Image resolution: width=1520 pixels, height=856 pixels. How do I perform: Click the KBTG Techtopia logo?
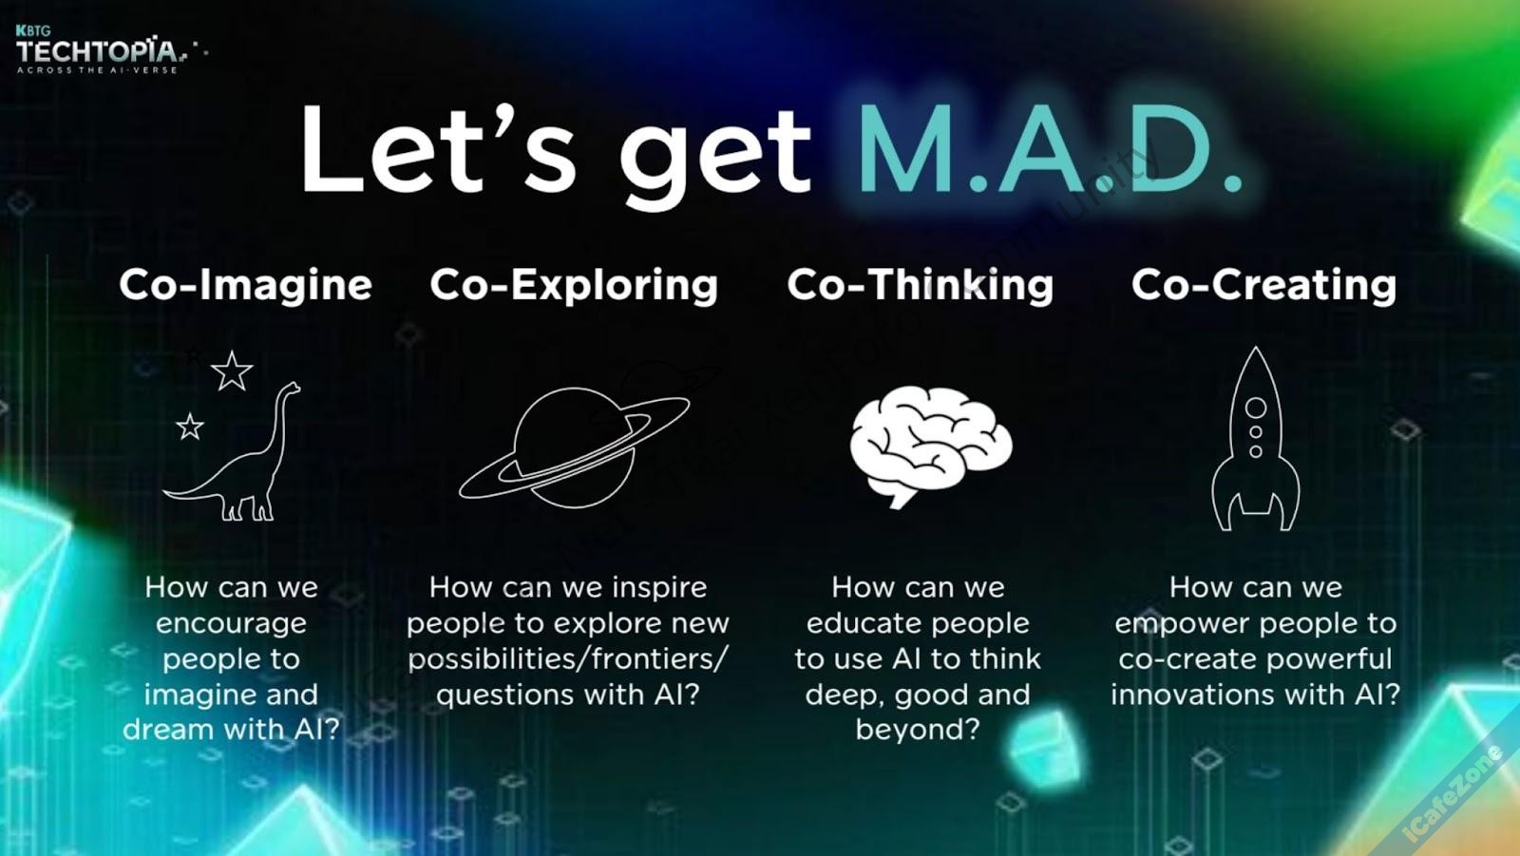pos(108,49)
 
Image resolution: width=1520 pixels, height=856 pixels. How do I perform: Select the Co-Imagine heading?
pos(246,284)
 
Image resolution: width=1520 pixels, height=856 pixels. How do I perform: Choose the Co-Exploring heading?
pos(574,285)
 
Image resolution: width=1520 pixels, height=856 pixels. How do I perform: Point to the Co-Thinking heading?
pos(921,285)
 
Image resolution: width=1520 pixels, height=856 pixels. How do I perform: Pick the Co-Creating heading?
pos(1263,285)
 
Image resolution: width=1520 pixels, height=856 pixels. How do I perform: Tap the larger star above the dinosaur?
pos(232,371)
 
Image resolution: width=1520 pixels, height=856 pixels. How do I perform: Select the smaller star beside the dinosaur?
pos(190,427)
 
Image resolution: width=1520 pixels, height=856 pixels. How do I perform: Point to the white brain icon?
pos(931,446)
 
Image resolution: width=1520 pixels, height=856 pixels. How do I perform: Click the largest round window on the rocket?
pos(1255,408)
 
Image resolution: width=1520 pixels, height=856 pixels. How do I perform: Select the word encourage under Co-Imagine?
pos(232,624)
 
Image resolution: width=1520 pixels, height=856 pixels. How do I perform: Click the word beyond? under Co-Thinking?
pos(918,729)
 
